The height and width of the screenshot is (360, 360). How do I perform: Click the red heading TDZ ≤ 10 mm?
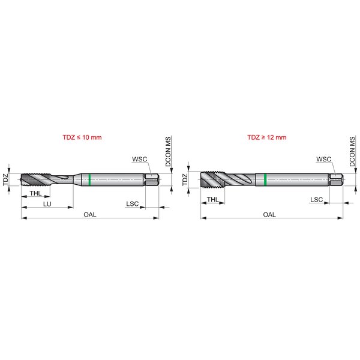click(82, 137)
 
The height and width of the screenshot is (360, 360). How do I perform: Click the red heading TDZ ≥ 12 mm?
click(267, 137)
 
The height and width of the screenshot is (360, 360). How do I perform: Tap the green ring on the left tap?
click(89, 179)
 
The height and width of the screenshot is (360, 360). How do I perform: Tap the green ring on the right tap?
click(265, 179)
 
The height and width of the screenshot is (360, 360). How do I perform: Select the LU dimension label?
click(47, 204)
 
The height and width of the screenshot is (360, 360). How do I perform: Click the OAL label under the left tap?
click(90, 214)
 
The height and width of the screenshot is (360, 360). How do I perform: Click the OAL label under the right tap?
click(269, 214)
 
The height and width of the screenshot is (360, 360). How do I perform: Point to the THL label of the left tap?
click(35, 193)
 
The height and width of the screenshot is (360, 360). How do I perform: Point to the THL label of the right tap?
click(212, 199)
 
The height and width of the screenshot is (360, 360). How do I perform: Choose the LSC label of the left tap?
click(133, 203)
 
